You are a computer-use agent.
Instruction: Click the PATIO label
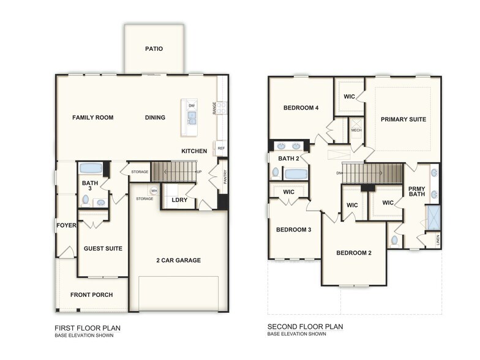coord(154,48)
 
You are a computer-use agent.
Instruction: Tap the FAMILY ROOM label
coord(92,118)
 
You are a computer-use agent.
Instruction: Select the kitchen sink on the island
coord(192,117)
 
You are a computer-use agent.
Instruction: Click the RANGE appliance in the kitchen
coord(222,108)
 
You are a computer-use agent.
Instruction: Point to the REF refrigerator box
coord(221,148)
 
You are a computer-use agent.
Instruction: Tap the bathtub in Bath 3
coord(91,168)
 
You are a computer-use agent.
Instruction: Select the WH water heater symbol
coord(154,191)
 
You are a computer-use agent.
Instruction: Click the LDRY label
coord(179,200)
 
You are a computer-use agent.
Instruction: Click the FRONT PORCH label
coord(91,295)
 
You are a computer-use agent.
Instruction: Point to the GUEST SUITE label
coord(103,249)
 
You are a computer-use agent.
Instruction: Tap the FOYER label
coord(66,225)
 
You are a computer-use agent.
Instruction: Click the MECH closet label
coord(356,130)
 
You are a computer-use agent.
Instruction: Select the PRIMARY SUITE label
coord(403,119)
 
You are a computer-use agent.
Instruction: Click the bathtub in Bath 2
coord(296,174)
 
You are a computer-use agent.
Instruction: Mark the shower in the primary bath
coord(433,217)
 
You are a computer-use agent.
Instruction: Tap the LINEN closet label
coord(438,240)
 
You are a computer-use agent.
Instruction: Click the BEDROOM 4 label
coord(301,108)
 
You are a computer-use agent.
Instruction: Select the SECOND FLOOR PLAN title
coord(305,327)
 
